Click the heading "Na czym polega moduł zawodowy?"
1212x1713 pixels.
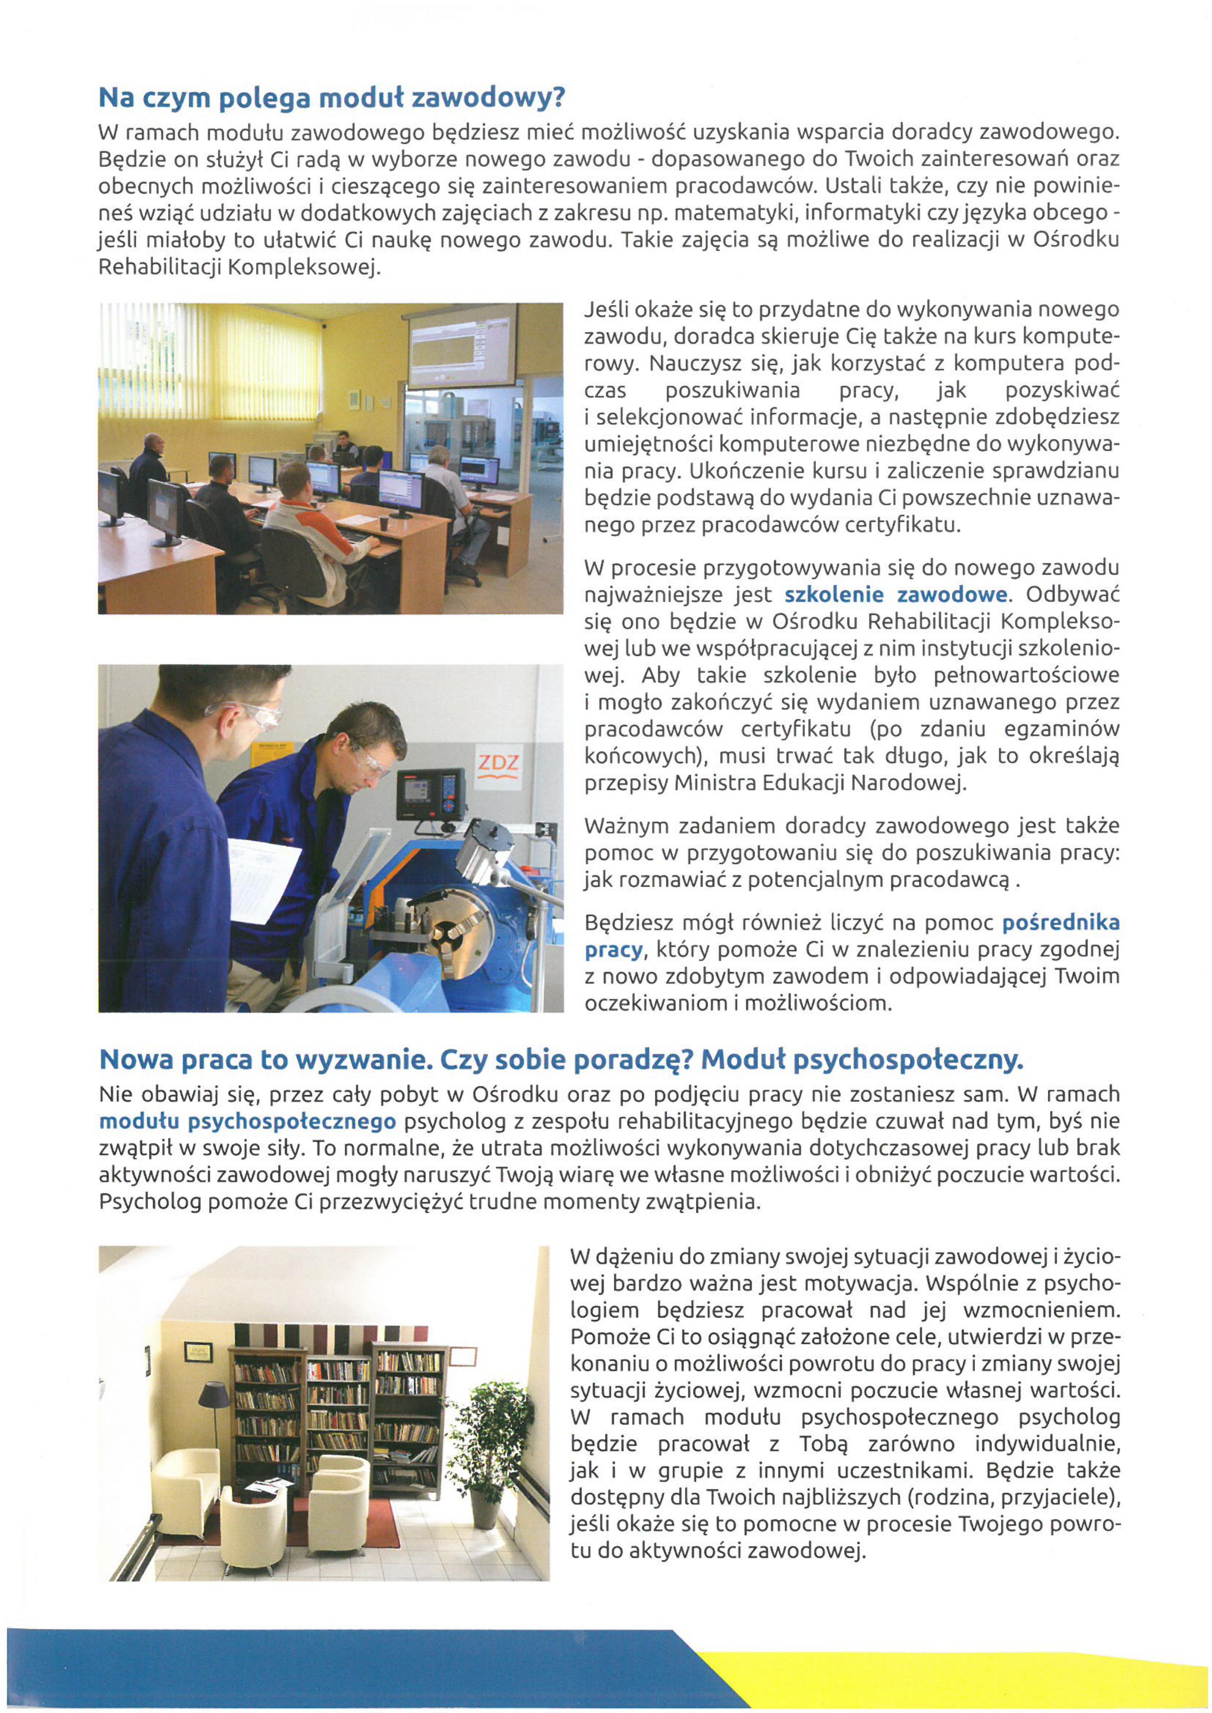pos(332,98)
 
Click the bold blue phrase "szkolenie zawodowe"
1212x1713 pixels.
pos(896,595)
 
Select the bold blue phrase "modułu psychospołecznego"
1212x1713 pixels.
pos(248,1121)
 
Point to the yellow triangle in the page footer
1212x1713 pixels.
pos(970,1665)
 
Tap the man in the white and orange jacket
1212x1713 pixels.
pos(313,522)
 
